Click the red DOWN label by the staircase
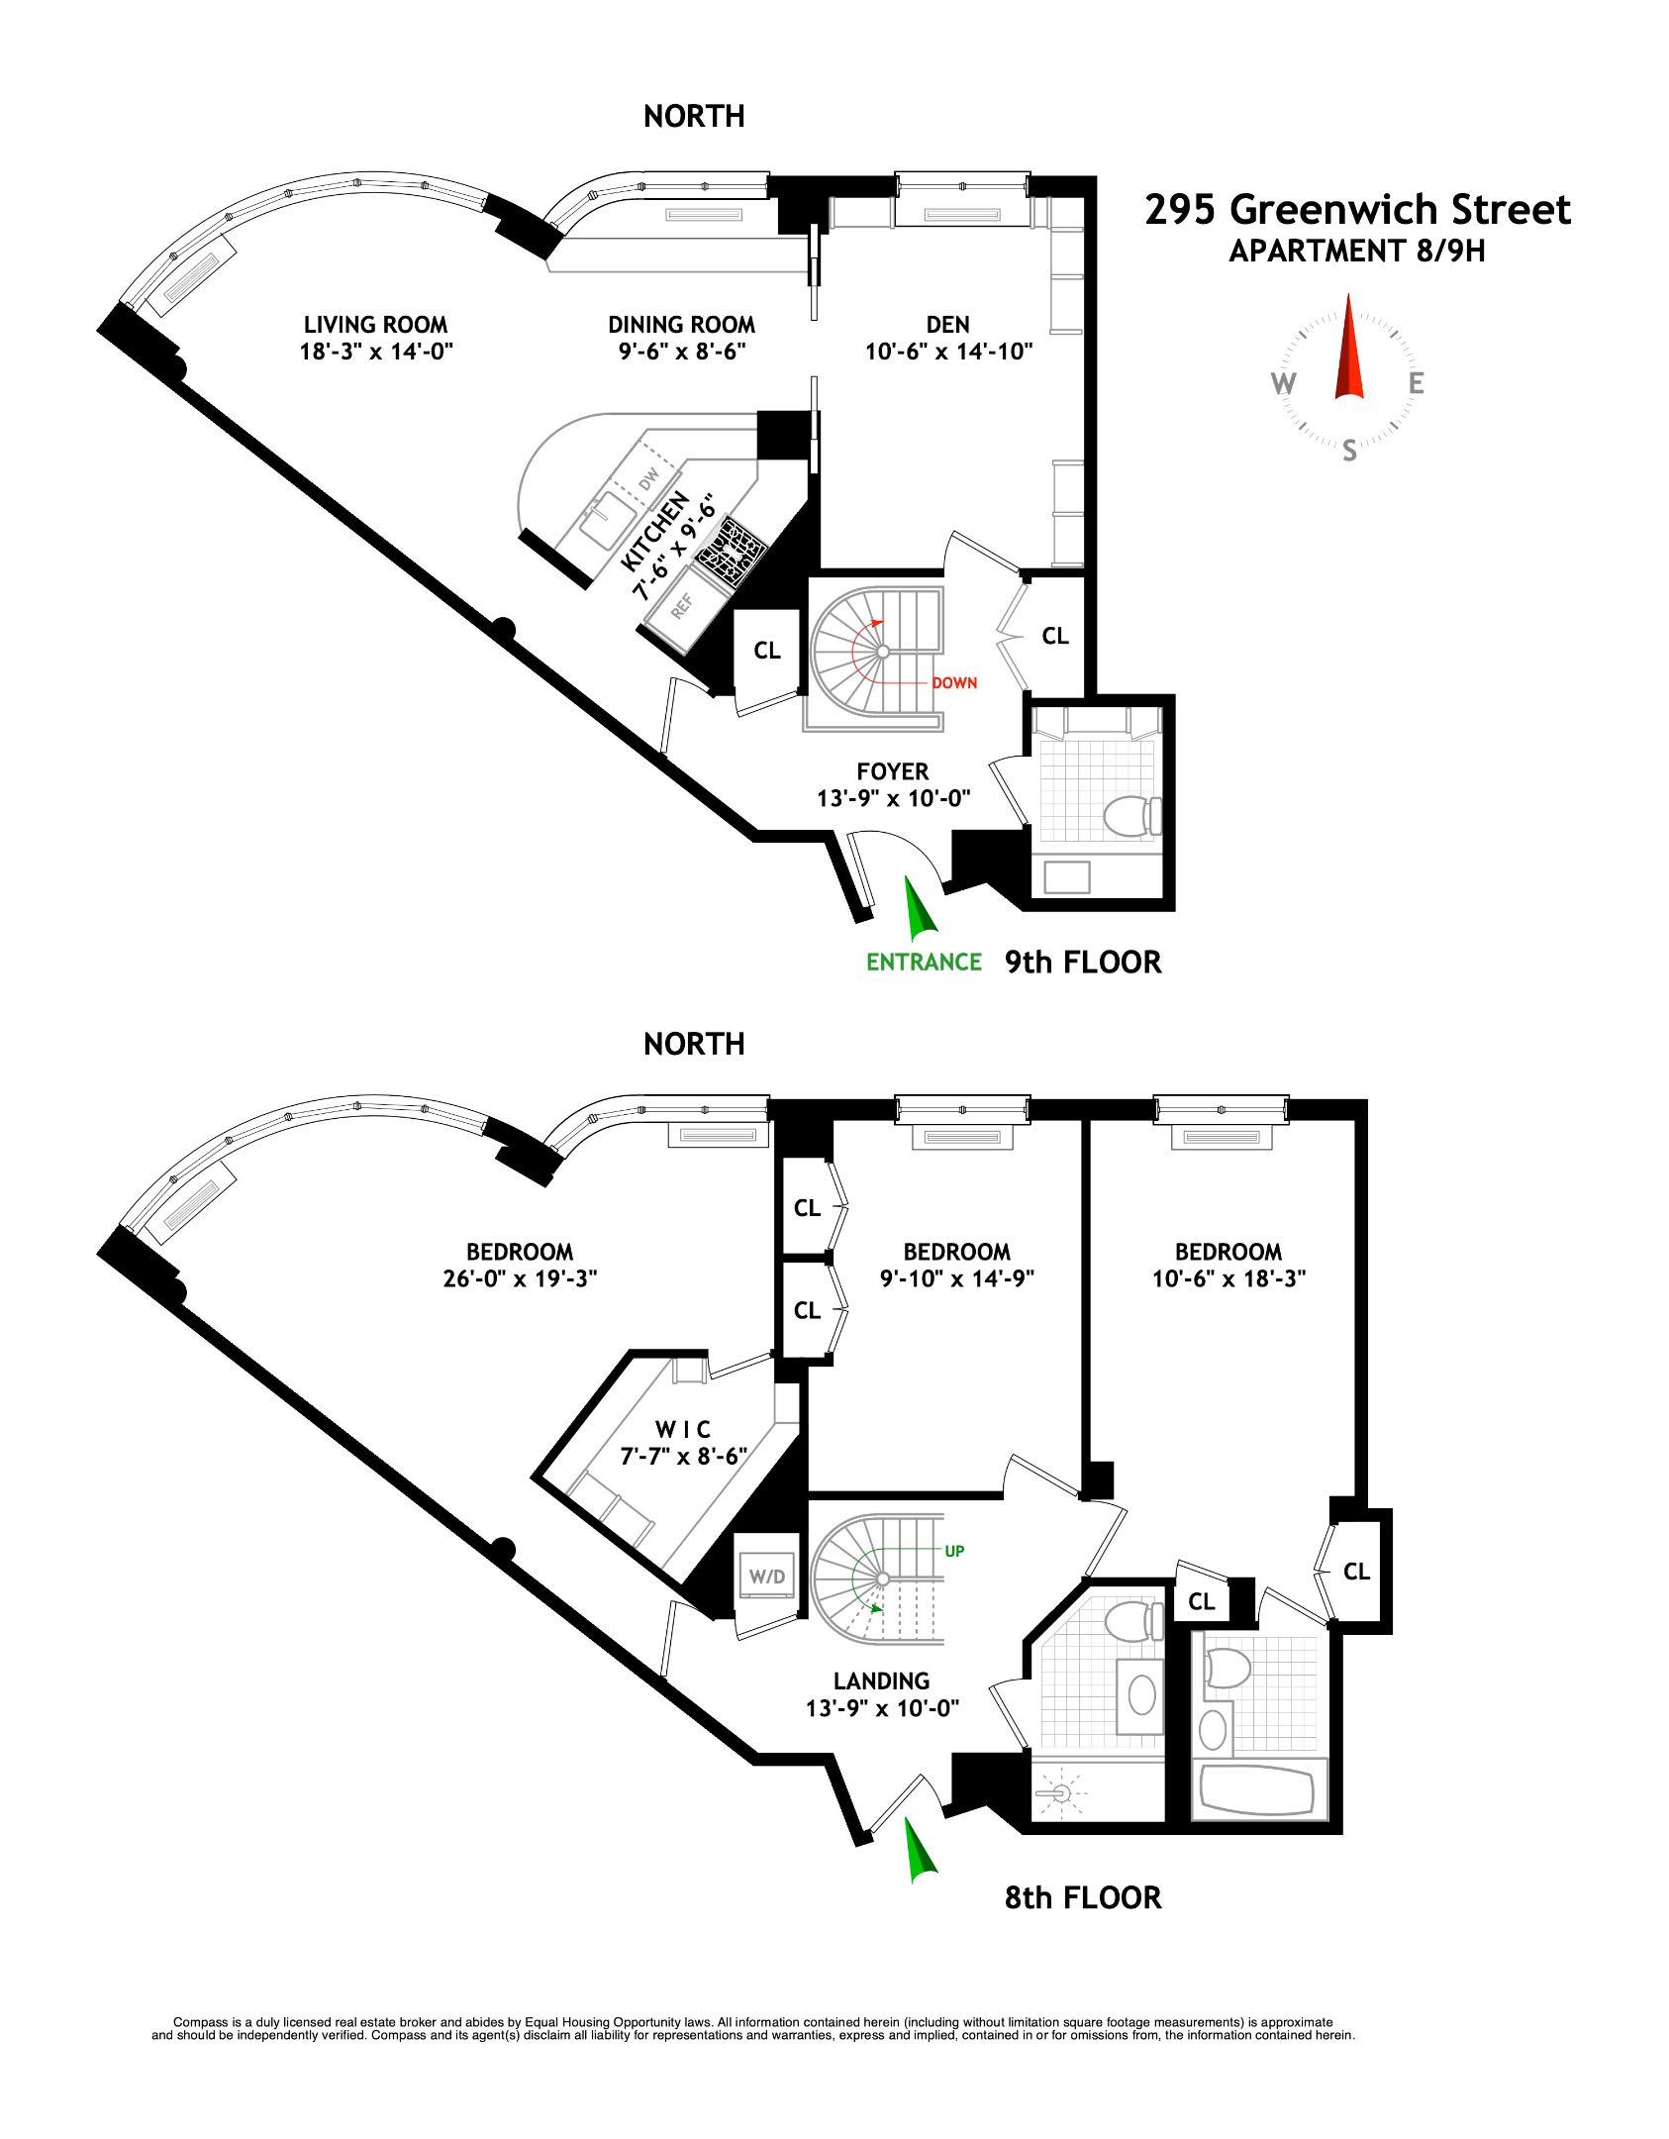(953, 682)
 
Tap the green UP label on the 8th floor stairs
(953, 1551)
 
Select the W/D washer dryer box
(766, 1577)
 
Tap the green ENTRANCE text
(924, 962)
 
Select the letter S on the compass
(1349, 453)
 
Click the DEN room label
(947, 325)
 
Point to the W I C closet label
(682, 1429)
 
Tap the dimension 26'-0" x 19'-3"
(520, 1278)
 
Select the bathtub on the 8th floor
(1256, 1788)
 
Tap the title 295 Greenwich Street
(1357, 210)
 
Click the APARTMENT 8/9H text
(1357, 252)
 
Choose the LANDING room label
(881, 1681)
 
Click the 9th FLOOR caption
(1083, 962)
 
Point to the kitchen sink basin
(607, 520)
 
